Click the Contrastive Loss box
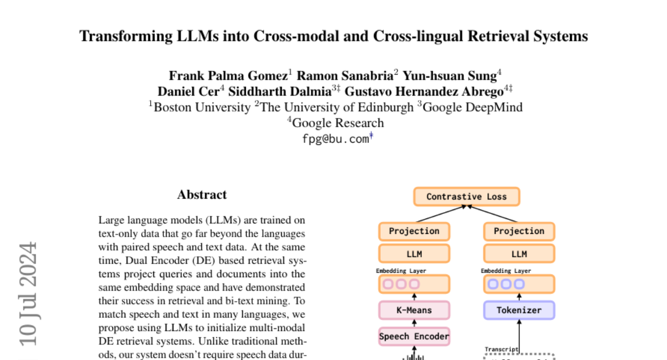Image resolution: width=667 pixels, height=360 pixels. [466, 197]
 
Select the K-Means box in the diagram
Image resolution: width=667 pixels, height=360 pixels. [414, 310]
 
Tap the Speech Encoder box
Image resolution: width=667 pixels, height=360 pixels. [414, 336]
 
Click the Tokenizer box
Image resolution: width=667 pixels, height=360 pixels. [519, 310]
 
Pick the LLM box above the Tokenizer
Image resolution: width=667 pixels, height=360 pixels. [519, 254]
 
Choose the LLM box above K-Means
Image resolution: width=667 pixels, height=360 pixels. [414, 254]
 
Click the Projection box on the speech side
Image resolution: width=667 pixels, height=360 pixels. [414, 231]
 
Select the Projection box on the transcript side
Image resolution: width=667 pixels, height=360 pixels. [519, 231]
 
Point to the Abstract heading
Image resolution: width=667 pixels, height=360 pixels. [202, 195]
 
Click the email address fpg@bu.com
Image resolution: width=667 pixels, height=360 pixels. [335, 139]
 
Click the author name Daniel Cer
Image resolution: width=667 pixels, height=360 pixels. [188, 92]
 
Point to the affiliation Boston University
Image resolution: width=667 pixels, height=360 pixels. [202, 107]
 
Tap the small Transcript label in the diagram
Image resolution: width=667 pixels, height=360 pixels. [501, 349]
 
